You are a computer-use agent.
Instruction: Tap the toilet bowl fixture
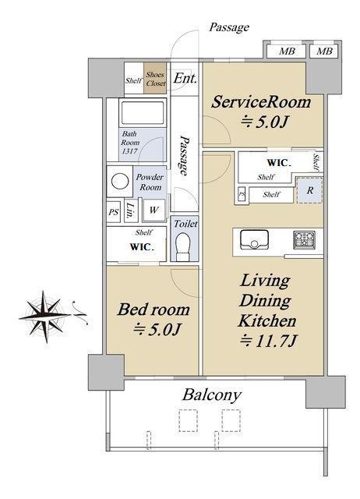[182, 246]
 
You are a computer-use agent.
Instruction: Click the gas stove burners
[304, 239]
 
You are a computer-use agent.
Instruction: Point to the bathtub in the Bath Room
[143, 112]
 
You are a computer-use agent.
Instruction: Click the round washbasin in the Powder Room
[120, 182]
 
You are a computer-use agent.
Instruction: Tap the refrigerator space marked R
[310, 190]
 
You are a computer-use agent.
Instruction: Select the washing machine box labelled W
[154, 210]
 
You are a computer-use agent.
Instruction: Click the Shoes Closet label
[156, 79]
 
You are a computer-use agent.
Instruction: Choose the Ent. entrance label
[185, 78]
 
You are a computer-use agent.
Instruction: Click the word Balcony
[212, 395]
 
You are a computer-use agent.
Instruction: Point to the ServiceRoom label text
[261, 102]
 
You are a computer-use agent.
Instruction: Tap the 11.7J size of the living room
[269, 342]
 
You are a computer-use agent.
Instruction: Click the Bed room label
[154, 310]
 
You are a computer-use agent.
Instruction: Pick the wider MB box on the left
[286, 51]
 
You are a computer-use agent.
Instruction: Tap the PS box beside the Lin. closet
[114, 211]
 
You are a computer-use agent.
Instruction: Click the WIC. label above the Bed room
[142, 246]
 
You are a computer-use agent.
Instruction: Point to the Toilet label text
[185, 224]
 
